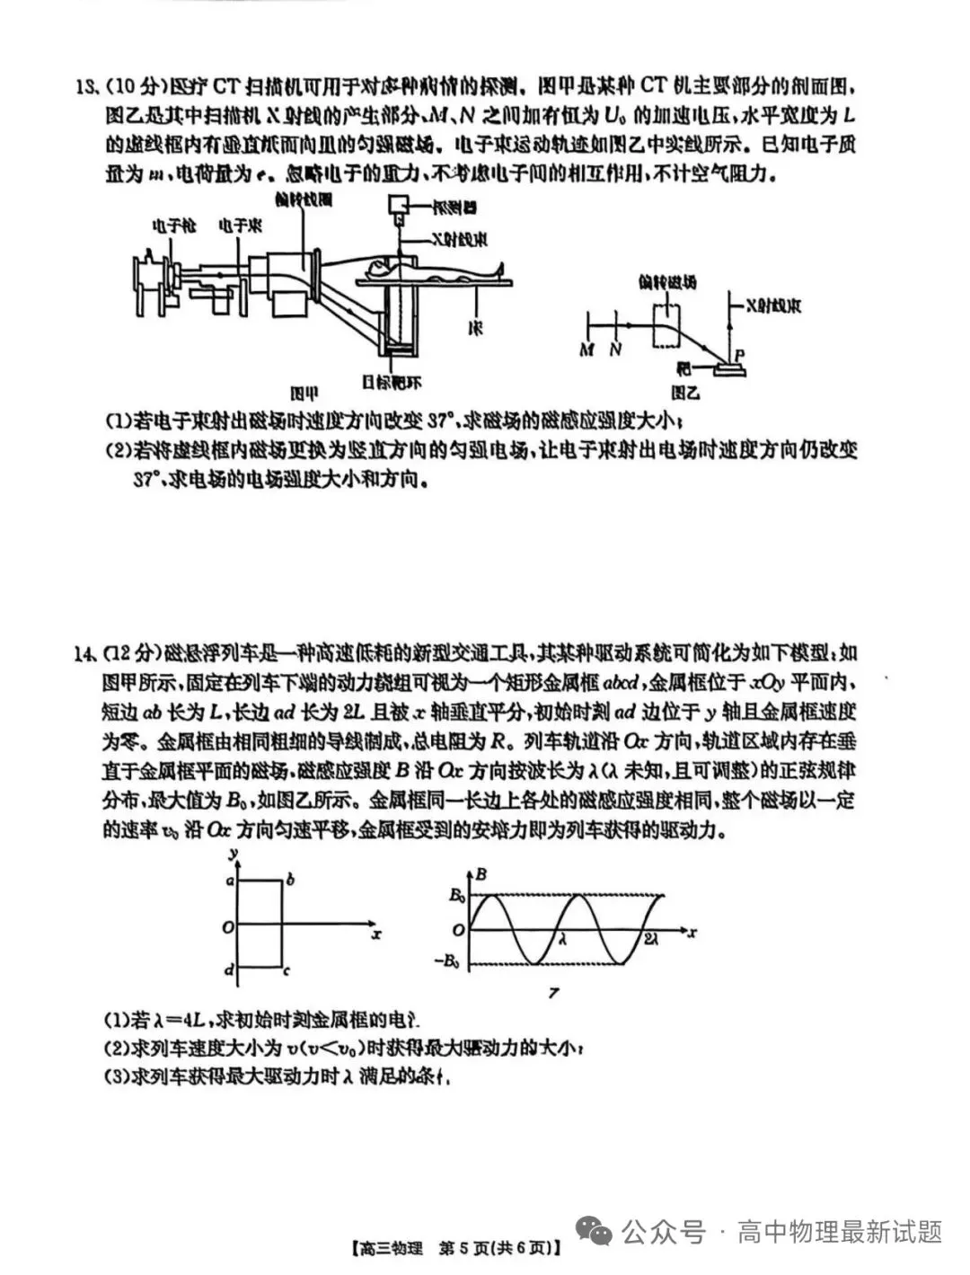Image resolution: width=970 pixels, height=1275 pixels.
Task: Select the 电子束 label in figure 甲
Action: (x=240, y=226)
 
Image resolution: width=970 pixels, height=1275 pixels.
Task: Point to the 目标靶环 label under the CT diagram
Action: (x=392, y=383)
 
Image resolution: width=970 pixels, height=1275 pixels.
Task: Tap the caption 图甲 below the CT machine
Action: (x=304, y=393)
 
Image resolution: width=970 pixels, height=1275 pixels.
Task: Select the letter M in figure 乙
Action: (x=586, y=350)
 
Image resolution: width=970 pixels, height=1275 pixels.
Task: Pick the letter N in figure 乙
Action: (x=615, y=350)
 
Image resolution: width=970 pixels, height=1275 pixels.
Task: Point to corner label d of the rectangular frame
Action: (x=229, y=970)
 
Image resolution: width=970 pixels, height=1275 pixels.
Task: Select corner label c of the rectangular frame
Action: (x=287, y=970)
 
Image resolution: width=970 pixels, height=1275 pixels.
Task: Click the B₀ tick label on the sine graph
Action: (x=456, y=895)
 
